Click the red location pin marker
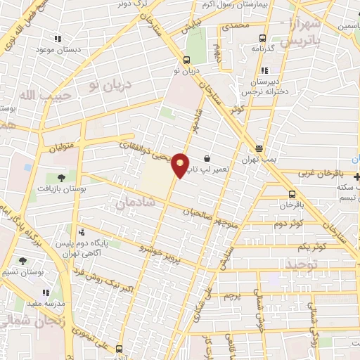click(x=180, y=165)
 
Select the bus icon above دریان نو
click(x=186, y=60)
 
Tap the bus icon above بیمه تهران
click(x=259, y=148)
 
